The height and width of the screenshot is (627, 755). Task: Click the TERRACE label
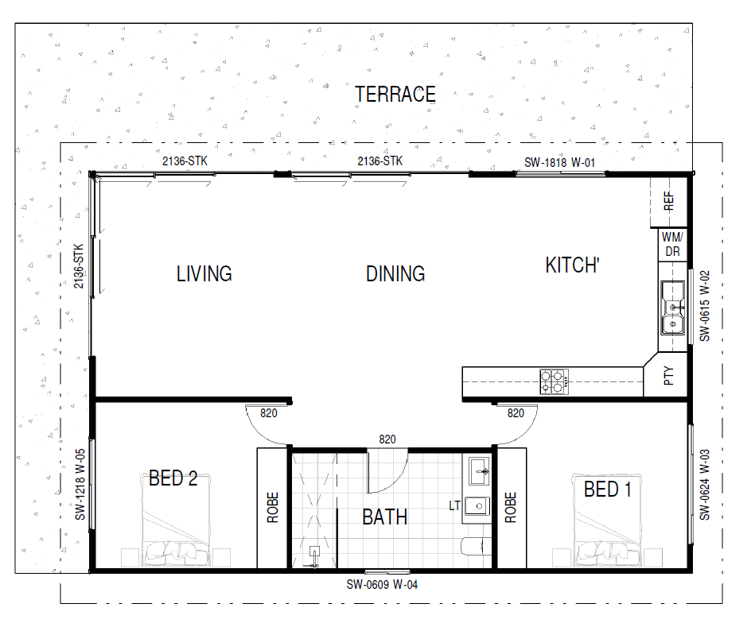(395, 95)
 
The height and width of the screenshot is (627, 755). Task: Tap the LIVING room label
(204, 273)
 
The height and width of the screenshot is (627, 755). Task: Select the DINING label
(395, 273)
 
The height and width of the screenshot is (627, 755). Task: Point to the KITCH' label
(573, 265)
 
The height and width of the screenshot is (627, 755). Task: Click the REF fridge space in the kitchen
(669, 202)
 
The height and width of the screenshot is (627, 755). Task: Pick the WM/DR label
(672, 244)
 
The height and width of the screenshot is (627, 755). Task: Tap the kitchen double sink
(673, 308)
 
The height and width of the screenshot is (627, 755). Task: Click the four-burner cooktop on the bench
(555, 381)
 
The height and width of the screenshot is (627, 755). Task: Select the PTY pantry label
(668, 376)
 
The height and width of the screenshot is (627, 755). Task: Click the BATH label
(385, 517)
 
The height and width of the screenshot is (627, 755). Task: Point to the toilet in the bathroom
(476, 546)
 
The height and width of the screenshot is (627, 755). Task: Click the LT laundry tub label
(454, 506)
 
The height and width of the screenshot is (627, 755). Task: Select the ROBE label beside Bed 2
(273, 507)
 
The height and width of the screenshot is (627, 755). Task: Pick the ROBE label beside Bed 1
(511, 507)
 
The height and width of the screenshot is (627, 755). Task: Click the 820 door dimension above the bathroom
(387, 439)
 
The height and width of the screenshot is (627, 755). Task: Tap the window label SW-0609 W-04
(383, 585)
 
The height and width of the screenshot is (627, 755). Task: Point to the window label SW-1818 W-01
(559, 163)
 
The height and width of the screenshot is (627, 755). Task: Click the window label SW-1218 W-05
(80, 485)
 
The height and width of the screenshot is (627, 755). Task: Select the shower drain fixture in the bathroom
(314, 556)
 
